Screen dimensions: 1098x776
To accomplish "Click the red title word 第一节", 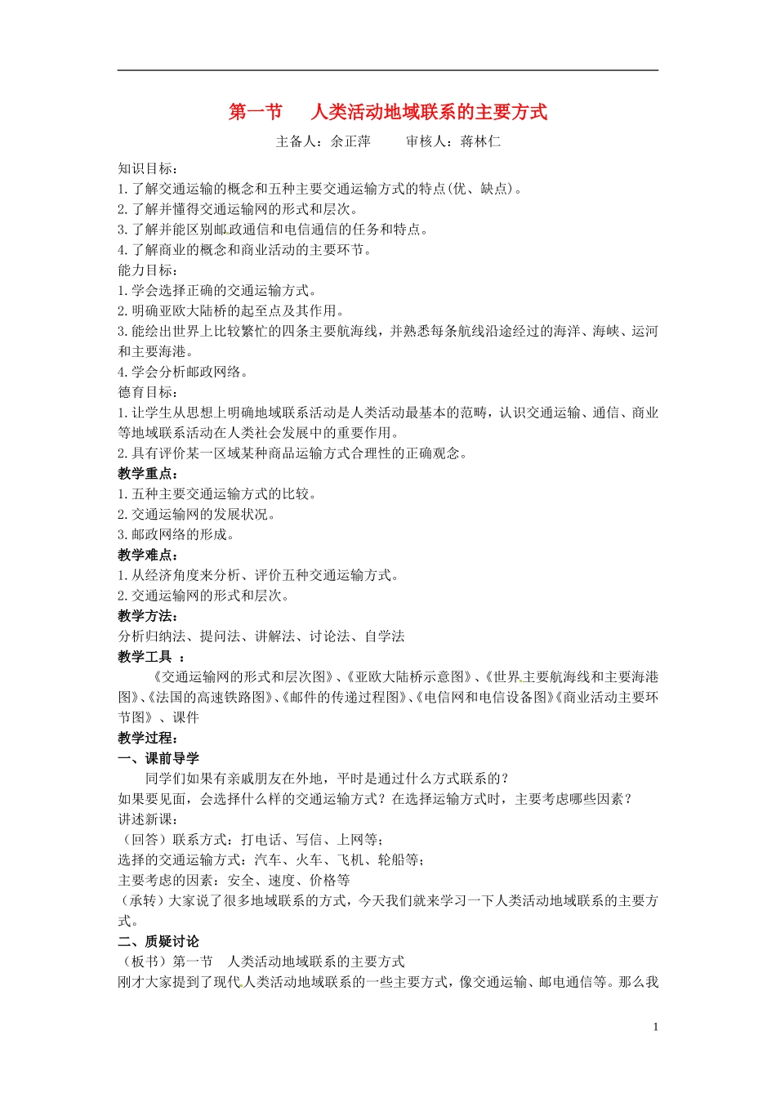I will [x=255, y=112].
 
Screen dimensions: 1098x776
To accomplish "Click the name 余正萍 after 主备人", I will [x=350, y=141].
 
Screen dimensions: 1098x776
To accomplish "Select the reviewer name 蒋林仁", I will [x=480, y=141].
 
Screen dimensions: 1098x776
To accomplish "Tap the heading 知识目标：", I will [x=148, y=168].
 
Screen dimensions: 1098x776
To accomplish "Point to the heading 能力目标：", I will [x=148, y=270].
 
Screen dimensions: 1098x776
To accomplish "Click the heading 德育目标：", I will [x=148, y=392].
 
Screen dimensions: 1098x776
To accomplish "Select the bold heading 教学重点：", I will [x=148, y=474].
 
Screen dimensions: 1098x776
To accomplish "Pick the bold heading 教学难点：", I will [x=148, y=555].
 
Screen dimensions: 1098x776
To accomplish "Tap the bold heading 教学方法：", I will [x=148, y=616].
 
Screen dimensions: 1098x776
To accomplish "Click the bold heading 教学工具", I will [x=145, y=657].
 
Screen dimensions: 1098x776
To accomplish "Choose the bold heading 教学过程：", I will [x=148, y=739].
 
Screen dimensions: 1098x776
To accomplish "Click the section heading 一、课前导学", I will [x=158, y=758].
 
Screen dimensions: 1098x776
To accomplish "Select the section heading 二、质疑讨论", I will [x=158, y=941].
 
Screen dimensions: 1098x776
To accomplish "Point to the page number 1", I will [x=655, y=1027].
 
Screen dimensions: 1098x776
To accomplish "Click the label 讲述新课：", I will [x=148, y=819].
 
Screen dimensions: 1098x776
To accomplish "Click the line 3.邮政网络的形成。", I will [x=176, y=534].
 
